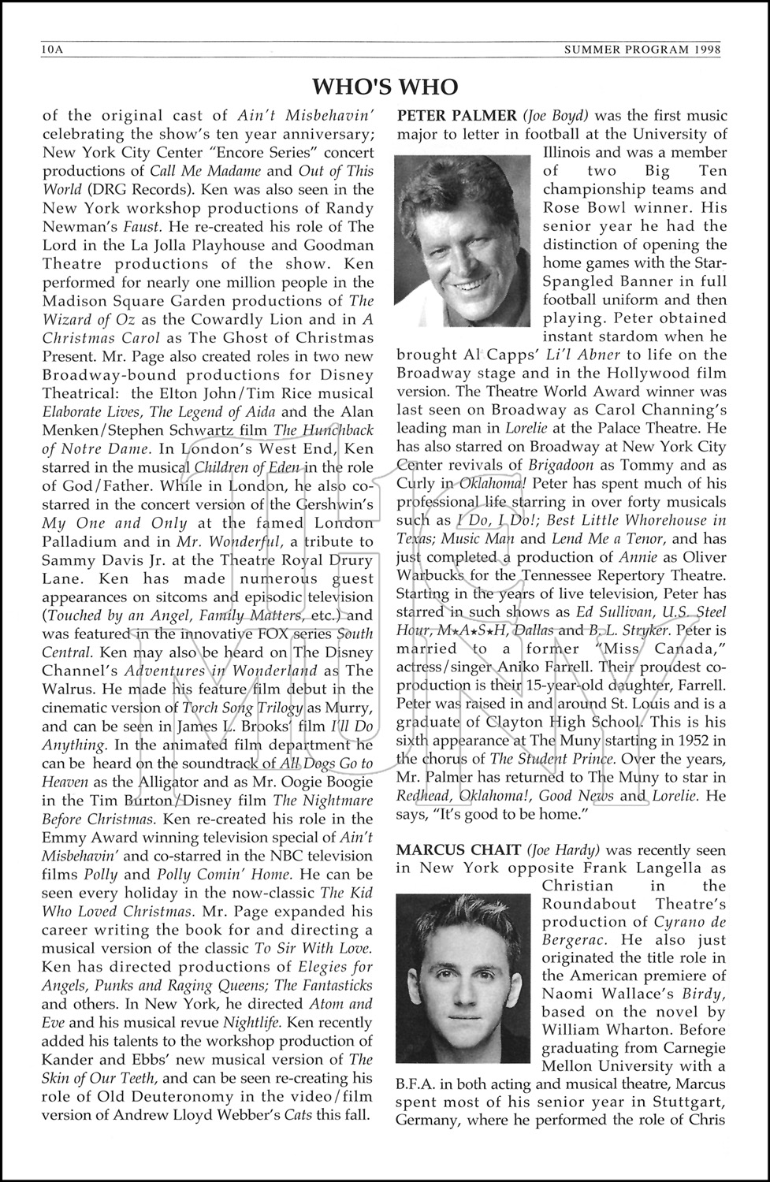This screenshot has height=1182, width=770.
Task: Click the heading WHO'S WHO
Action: [385, 85]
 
